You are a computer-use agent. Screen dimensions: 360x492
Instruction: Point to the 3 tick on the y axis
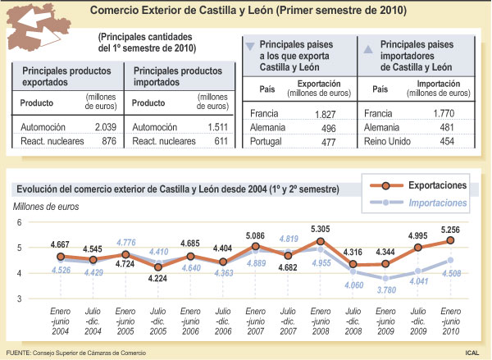pyautogui.click(x=20, y=299)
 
